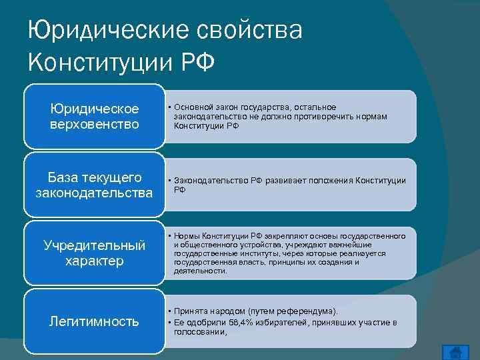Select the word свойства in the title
coord(248,31)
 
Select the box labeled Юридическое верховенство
coord(95,116)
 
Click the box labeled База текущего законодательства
coord(95,185)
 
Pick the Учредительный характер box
coord(95,253)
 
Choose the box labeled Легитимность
coord(95,321)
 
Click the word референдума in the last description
coord(311,311)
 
